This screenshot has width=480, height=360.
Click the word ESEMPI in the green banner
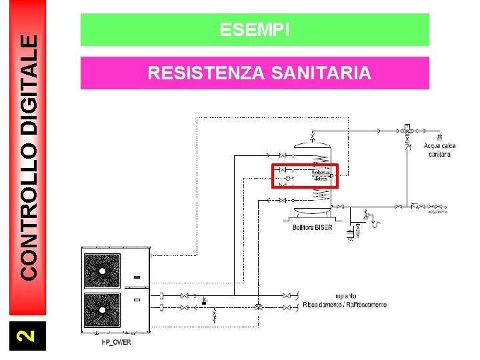255,30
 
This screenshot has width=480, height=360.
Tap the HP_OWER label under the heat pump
116,343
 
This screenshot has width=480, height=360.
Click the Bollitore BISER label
312,227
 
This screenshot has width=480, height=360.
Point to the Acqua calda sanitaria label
439,150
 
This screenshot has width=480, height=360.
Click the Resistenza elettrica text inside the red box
321,175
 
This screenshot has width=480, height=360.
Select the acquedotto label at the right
437,212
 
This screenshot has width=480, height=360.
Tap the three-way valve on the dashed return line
258,307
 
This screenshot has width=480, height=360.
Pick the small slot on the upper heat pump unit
137,277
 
